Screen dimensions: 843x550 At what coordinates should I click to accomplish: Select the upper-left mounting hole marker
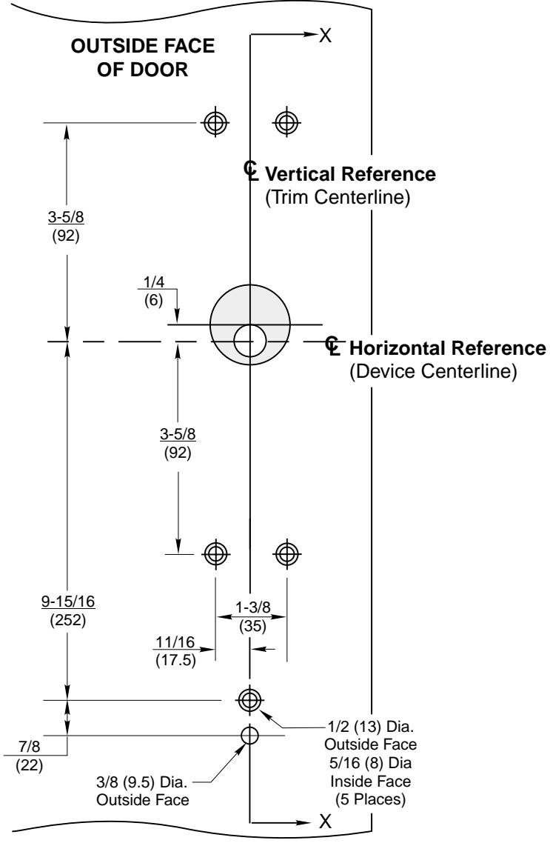click(215, 122)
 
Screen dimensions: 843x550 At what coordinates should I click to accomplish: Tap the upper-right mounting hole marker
click(286, 122)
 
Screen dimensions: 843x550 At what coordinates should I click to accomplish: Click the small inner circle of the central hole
click(249, 340)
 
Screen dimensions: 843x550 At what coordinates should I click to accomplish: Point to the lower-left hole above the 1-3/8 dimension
click(215, 552)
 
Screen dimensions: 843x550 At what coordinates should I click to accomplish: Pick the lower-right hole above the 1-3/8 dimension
click(286, 552)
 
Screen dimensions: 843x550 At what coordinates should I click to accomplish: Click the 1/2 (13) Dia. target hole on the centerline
click(249, 698)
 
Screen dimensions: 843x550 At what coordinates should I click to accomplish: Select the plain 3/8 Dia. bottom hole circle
click(249, 735)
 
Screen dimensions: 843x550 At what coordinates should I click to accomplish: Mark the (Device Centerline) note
click(432, 372)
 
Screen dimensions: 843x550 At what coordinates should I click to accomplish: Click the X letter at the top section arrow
click(324, 36)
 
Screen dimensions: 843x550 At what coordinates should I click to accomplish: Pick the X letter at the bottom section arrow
click(324, 822)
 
